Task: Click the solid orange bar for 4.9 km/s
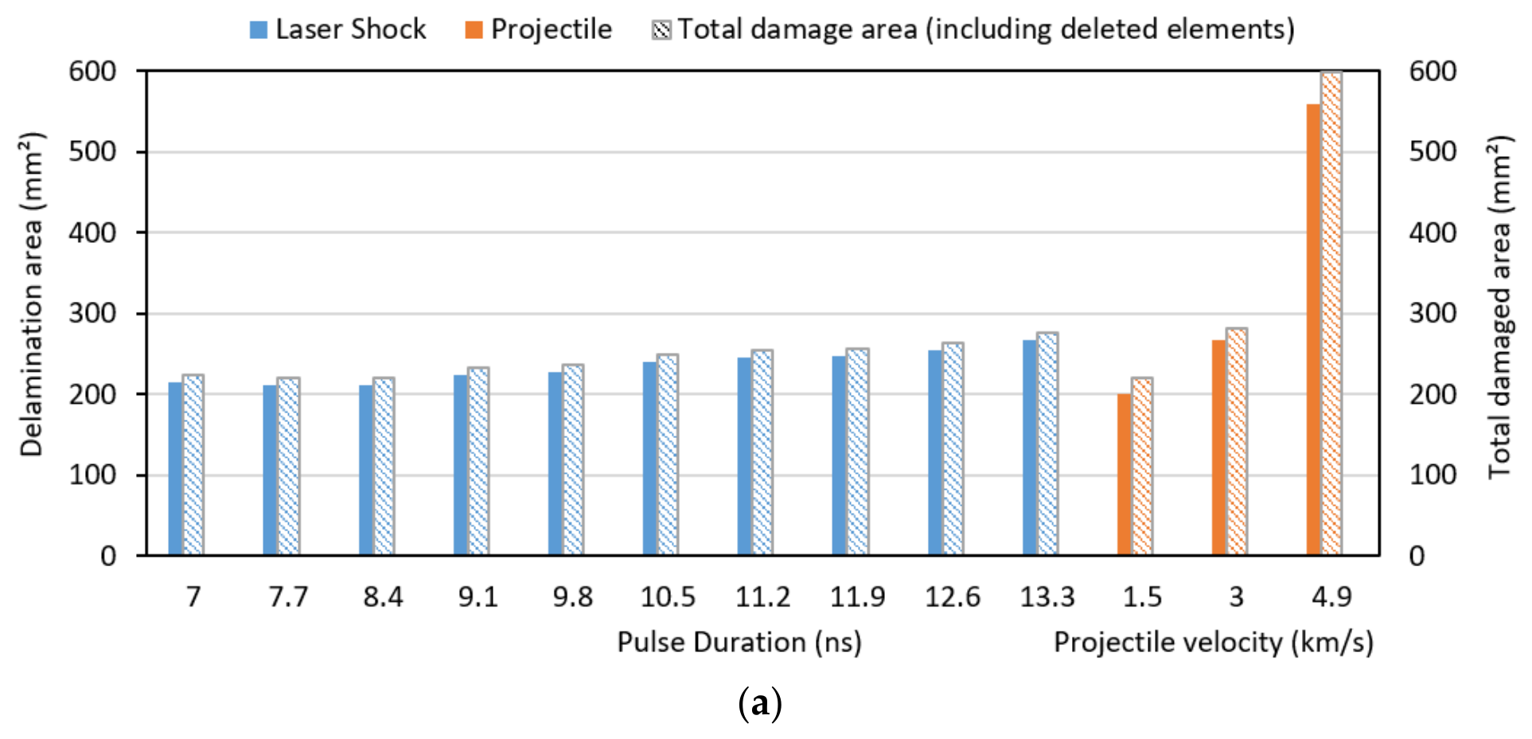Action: pos(1314,330)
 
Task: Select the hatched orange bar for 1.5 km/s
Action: pos(1142,467)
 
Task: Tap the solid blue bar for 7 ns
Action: pos(176,469)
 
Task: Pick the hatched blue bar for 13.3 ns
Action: pos(1047,444)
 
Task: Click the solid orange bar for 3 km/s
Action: pos(1219,448)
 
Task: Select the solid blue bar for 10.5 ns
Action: pos(650,459)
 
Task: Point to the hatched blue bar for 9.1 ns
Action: pos(478,461)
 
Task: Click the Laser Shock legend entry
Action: pos(338,29)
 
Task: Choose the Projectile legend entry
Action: pos(539,29)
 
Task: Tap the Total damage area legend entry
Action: pos(973,29)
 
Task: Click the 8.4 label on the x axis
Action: pos(384,596)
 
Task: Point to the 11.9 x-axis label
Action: pos(858,596)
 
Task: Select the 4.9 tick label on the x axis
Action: pos(1331,596)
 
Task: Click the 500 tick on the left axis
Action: pos(92,151)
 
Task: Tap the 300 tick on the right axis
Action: pos(1433,313)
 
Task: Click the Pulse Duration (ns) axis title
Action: pos(739,642)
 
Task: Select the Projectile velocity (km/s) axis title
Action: pos(1214,642)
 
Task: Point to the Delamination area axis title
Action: pos(32,295)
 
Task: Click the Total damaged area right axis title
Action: pos(1499,307)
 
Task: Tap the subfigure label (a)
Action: pos(760,704)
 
